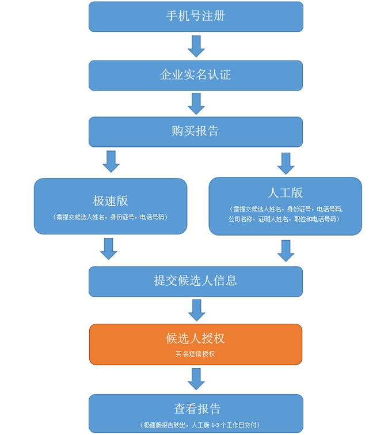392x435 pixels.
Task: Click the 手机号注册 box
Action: (196, 17)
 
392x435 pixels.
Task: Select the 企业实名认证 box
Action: (196, 75)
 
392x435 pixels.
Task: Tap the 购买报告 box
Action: (196, 131)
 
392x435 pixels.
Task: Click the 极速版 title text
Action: (111, 201)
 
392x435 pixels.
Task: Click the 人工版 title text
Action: (285, 192)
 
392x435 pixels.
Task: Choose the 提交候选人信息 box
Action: (196, 281)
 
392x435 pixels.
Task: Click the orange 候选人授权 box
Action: (196, 344)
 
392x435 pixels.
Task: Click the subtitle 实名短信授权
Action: (195, 354)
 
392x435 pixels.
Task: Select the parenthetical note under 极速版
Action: (110, 217)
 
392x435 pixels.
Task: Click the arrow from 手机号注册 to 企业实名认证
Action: (196, 46)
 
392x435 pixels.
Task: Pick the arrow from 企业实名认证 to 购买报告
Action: (196, 104)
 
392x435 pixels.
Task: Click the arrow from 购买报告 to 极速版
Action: (111, 161)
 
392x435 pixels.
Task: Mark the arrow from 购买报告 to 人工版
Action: (286, 163)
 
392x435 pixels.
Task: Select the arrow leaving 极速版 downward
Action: (109, 248)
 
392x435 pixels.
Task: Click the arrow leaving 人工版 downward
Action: (286, 250)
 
